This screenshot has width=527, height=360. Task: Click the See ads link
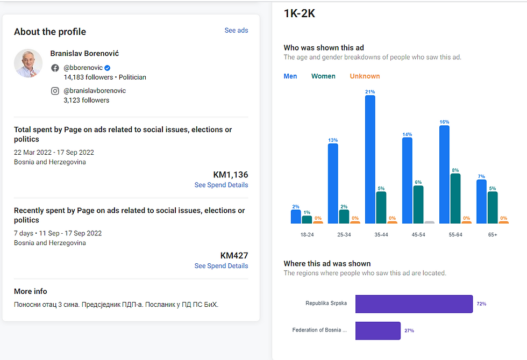[x=236, y=31]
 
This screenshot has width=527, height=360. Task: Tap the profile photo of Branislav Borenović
[x=28, y=63]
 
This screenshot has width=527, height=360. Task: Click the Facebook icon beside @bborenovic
[x=55, y=68]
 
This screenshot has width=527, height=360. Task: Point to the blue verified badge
[x=108, y=68]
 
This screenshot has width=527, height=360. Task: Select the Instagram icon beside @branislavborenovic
[x=55, y=91]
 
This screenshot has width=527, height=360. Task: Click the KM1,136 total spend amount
[x=231, y=175]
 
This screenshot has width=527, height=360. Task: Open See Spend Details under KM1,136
[x=221, y=185]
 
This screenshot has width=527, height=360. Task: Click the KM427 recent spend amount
[x=234, y=256]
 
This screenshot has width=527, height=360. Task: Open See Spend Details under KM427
[x=221, y=266]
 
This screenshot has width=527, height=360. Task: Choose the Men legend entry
[x=290, y=76]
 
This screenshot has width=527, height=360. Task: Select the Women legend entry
[x=323, y=76]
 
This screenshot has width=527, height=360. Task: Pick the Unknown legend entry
[x=365, y=76]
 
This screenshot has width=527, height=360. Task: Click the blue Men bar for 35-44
[x=370, y=159]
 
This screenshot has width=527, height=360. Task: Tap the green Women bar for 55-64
[x=455, y=198]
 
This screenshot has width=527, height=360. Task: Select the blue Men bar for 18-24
[x=296, y=217]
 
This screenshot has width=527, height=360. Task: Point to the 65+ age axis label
[x=492, y=235]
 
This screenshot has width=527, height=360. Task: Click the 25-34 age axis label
[x=344, y=235]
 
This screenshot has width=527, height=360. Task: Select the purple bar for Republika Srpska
[x=414, y=304]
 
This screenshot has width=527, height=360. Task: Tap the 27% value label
[x=409, y=331]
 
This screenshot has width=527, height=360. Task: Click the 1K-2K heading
[x=300, y=14]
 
